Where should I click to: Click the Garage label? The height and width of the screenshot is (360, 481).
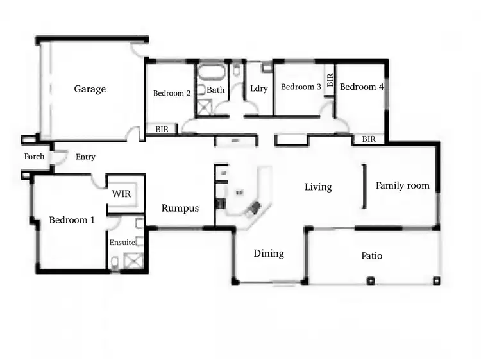click(x=90, y=89)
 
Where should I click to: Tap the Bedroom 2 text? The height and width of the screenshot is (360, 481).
click(x=171, y=93)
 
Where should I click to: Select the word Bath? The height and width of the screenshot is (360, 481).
click(x=215, y=90)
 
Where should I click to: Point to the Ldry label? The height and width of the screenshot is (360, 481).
click(x=258, y=89)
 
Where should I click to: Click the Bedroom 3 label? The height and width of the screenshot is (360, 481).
click(x=301, y=87)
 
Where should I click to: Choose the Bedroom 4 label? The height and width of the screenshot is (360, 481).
click(x=362, y=87)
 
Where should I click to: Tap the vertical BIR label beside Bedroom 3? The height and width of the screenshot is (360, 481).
click(x=330, y=80)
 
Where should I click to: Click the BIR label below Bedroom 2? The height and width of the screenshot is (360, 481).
click(x=162, y=129)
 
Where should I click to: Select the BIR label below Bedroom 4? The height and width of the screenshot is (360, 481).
click(x=369, y=139)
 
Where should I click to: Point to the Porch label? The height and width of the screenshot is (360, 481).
click(x=34, y=157)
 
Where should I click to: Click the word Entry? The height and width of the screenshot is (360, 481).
click(x=85, y=157)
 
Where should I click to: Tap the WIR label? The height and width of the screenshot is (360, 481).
click(x=121, y=193)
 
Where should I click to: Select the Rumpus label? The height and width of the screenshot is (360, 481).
click(x=180, y=208)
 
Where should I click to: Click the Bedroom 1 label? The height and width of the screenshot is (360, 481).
click(x=72, y=220)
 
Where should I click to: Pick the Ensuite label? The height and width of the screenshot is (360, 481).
click(x=122, y=243)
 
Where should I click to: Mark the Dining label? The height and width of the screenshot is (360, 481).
click(x=269, y=253)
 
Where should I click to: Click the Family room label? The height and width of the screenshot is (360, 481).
click(x=402, y=185)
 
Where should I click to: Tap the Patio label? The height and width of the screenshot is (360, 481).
click(x=371, y=256)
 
